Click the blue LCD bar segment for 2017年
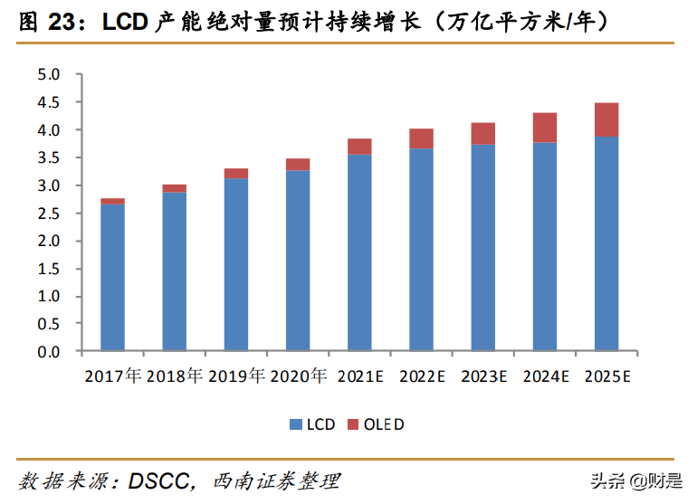(112, 277)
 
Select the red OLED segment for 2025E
(606, 120)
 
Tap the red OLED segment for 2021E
(359, 147)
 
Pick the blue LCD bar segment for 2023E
(482, 247)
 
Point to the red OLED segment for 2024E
(544, 128)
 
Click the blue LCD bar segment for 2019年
(236, 264)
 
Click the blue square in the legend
(295, 424)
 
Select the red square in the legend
(354, 424)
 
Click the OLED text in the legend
(384, 424)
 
